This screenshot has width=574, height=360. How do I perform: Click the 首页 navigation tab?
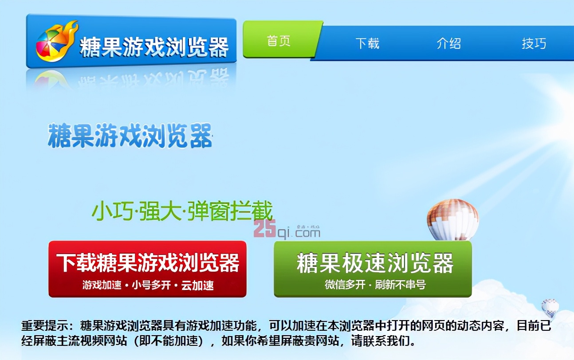pyautogui.click(x=279, y=41)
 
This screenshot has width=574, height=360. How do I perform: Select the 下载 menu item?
pyautogui.click(x=367, y=43)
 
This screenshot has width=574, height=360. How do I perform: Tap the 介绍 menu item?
pyautogui.click(x=448, y=43)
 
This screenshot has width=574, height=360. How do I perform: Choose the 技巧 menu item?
pyautogui.click(x=534, y=43)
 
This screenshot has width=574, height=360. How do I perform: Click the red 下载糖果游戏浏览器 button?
pyautogui.click(x=147, y=269)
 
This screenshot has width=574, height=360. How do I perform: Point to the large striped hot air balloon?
pyautogui.click(x=452, y=219)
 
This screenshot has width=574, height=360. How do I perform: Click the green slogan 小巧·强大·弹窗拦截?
pyautogui.click(x=182, y=211)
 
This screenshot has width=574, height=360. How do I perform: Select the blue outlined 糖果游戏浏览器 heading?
pyautogui.click(x=130, y=136)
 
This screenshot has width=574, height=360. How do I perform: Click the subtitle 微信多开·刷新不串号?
pyautogui.click(x=375, y=285)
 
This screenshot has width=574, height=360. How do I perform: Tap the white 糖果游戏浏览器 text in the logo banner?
pyautogui.click(x=154, y=47)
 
